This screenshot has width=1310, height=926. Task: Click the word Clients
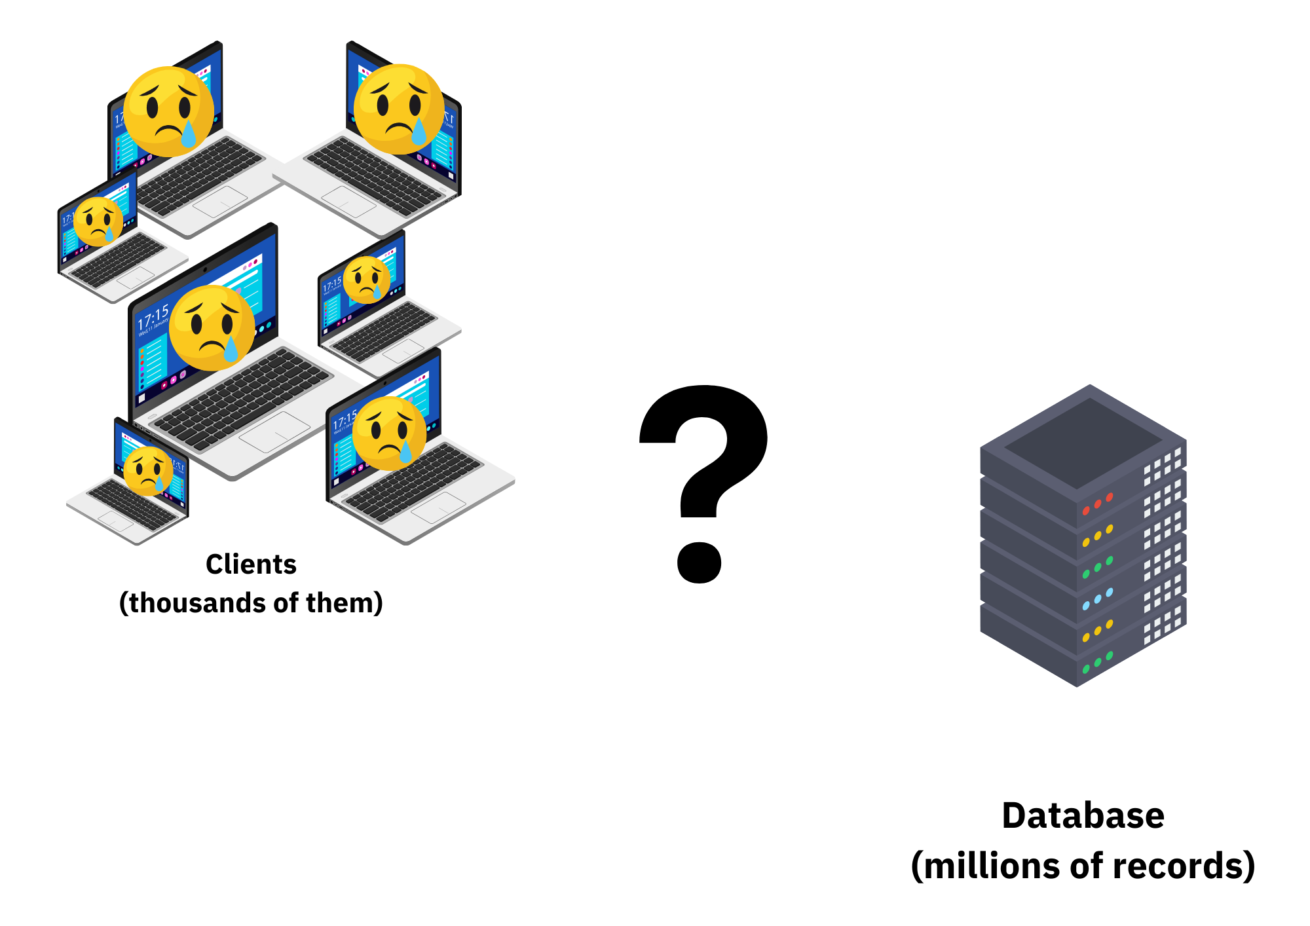[251, 565]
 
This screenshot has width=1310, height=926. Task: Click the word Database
[1083, 816]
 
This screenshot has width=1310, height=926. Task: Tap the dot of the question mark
[699, 563]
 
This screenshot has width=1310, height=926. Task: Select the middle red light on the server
[1098, 504]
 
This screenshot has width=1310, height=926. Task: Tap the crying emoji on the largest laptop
[212, 327]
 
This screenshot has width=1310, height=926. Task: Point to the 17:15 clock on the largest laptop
[153, 319]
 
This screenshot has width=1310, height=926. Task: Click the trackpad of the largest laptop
[274, 432]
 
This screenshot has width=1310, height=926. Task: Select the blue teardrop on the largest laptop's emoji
[231, 349]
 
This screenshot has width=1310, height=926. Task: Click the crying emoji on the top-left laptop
[168, 111]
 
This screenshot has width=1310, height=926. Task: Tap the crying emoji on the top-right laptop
[398, 109]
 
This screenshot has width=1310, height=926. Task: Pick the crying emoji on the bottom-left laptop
[148, 471]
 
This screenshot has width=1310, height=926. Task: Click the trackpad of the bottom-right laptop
[438, 508]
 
